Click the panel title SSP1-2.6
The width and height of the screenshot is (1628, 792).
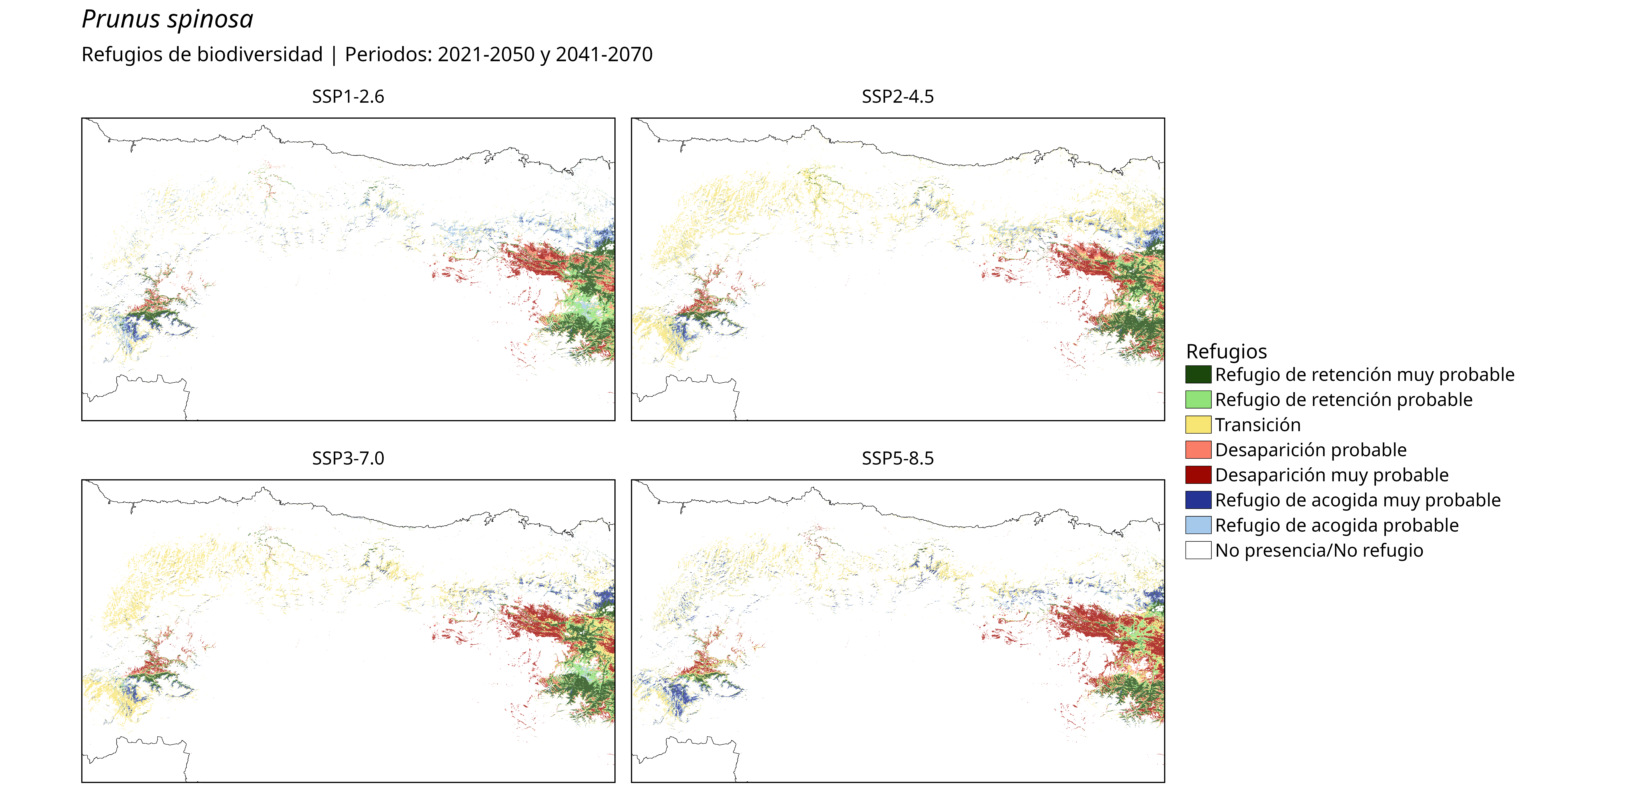(x=348, y=97)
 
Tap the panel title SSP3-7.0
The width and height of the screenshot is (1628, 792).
(x=348, y=458)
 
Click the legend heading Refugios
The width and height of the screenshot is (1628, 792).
(x=1226, y=351)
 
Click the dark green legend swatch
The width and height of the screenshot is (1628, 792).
(x=1198, y=375)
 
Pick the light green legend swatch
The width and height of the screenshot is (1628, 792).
(x=1198, y=399)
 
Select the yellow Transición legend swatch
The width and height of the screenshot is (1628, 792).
(x=1198, y=425)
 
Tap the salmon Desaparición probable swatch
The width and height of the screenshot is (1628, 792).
(x=1198, y=450)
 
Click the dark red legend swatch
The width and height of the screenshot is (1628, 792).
(x=1198, y=475)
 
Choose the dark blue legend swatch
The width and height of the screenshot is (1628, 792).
(x=1198, y=500)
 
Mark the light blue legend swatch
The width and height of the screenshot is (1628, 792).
(x=1198, y=525)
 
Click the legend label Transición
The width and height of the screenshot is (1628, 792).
(x=1258, y=425)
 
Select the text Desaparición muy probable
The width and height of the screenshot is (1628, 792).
(x=1332, y=475)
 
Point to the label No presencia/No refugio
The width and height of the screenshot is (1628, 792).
(x=1319, y=551)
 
